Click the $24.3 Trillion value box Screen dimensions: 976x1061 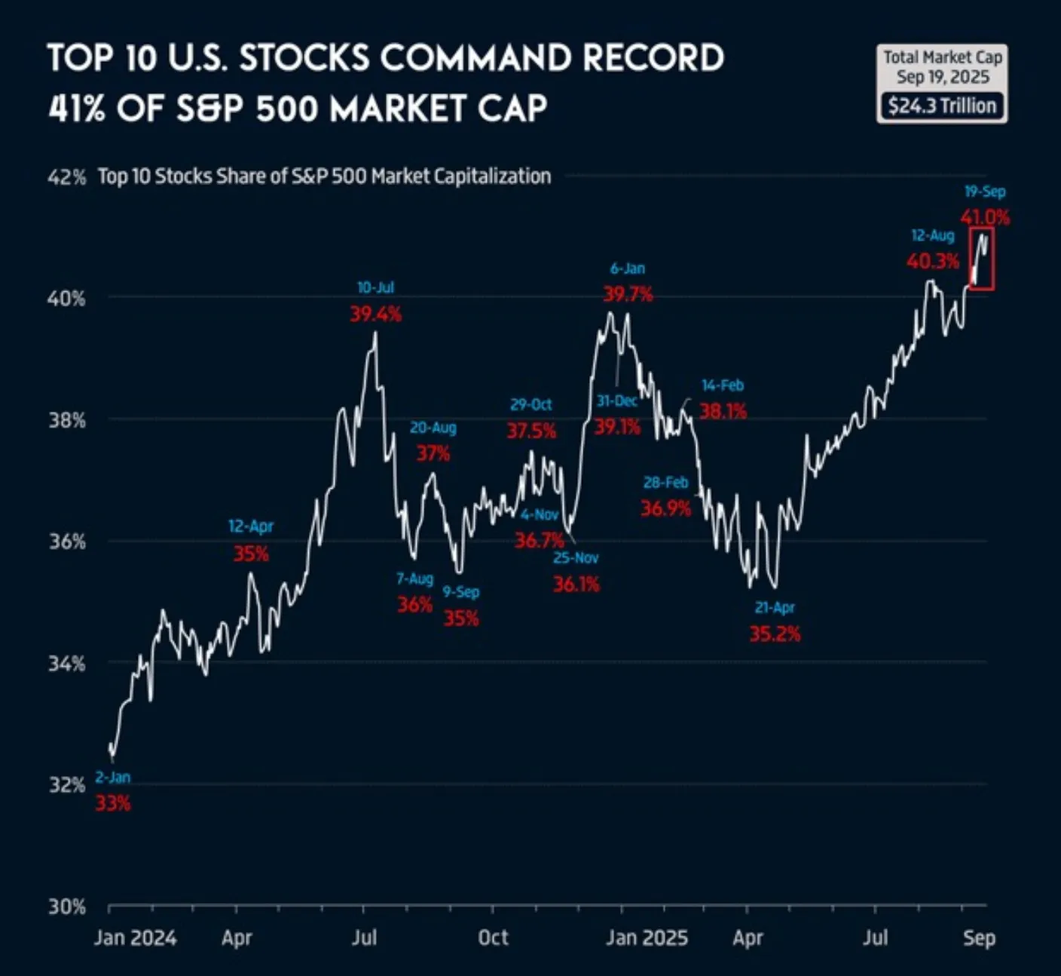pyautogui.click(x=942, y=106)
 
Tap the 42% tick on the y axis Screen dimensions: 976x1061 pyautogui.click(x=66, y=177)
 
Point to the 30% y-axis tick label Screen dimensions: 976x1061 pyautogui.click(x=66, y=906)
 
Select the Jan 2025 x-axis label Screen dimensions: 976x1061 pyautogui.click(x=647, y=938)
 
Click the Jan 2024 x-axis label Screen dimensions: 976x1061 pyautogui.click(x=135, y=938)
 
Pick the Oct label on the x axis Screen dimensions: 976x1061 pyautogui.click(x=493, y=938)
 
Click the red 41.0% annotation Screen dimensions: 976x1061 pyautogui.click(x=984, y=218)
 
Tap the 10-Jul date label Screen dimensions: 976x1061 pyautogui.click(x=375, y=287)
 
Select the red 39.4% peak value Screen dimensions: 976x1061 pyautogui.click(x=375, y=314)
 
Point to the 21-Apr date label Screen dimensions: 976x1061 pyautogui.click(x=775, y=607)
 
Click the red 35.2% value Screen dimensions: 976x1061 pyautogui.click(x=775, y=634)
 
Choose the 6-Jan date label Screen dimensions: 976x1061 pyautogui.click(x=628, y=269)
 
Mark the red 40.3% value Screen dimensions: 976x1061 pyautogui.click(x=932, y=262)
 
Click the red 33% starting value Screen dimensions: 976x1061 pyautogui.click(x=112, y=803)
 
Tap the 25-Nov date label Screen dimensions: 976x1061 pyautogui.click(x=576, y=558)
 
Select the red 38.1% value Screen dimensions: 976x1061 pyautogui.click(x=723, y=411)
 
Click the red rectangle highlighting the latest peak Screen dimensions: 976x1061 pyautogui.click(x=982, y=259)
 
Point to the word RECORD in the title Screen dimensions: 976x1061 pyautogui.click(x=653, y=59)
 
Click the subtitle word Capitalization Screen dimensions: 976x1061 pyautogui.click(x=493, y=176)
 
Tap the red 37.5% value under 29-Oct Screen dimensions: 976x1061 pyautogui.click(x=531, y=431)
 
